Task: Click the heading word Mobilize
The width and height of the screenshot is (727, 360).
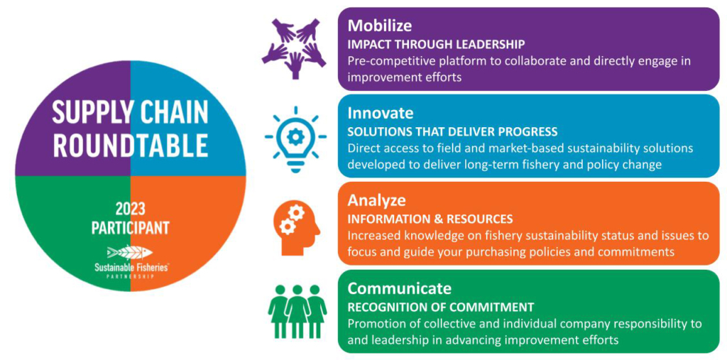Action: (x=380, y=26)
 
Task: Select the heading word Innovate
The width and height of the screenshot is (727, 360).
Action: (x=381, y=113)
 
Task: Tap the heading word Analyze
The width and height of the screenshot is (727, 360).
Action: (x=377, y=200)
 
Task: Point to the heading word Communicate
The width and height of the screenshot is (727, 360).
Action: (x=400, y=288)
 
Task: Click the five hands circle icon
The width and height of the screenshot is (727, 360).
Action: (x=295, y=47)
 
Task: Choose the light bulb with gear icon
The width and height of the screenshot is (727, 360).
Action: (x=295, y=139)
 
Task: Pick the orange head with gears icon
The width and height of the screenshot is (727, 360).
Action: (x=296, y=228)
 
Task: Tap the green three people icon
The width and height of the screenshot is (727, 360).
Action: (x=297, y=311)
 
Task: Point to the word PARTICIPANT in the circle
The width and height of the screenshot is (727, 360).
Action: (x=131, y=228)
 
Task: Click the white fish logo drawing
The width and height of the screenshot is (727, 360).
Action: (x=130, y=252)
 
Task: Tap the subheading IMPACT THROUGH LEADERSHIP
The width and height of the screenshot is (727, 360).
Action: (x=437, y=45)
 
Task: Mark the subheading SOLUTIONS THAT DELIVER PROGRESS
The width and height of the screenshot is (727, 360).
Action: (x=452, y=132)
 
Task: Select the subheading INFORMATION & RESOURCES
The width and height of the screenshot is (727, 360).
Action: (x=430, y=219)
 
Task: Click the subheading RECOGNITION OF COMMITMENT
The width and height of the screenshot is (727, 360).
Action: (x=441, y=307)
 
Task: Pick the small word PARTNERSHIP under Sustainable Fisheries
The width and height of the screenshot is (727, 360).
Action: (x=131, y=276)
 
